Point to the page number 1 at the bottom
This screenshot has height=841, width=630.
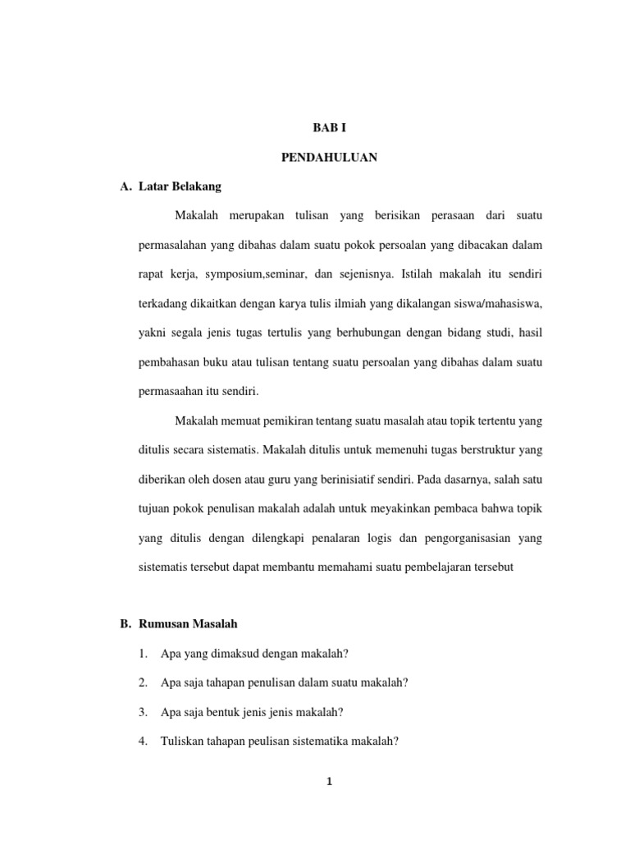[x=329, y=782]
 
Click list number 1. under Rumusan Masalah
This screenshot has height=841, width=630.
[x=144, y=654]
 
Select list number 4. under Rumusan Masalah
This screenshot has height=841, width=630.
[x=144, y=741]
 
